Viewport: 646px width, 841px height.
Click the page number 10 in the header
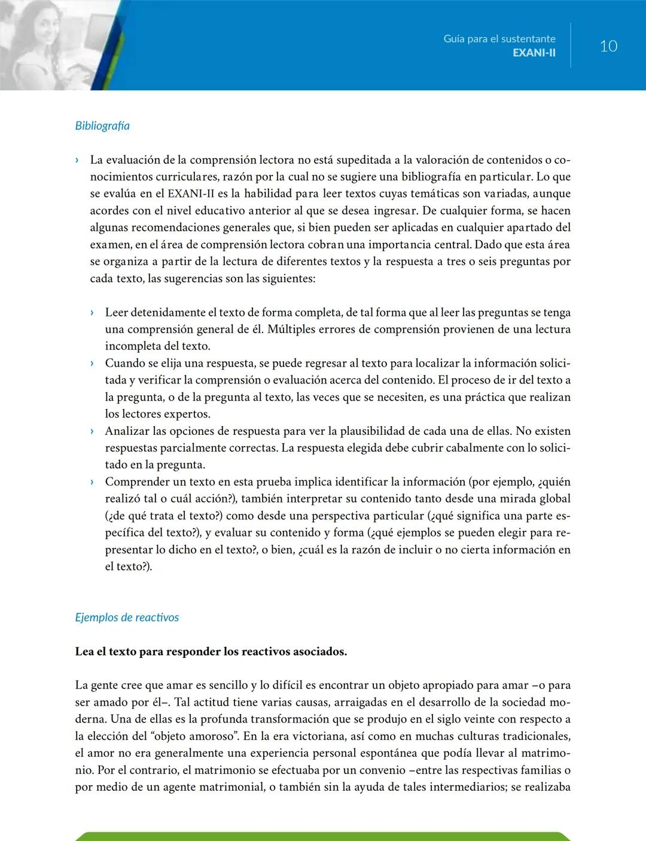(608, 46)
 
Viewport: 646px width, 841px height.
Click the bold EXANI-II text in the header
(534, 53)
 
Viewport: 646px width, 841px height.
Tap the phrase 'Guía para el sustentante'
(499, 39)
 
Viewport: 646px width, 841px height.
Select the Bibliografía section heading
(102, 126)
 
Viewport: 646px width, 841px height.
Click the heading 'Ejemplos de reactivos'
(127, 617)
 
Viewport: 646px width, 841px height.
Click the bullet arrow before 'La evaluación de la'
(77, 160)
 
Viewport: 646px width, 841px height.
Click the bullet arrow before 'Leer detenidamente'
(92, 313)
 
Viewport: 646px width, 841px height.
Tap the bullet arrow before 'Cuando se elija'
(92, 364)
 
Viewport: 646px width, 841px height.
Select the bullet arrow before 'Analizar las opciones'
(92, 431)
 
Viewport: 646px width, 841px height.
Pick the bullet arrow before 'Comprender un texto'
(92, 482)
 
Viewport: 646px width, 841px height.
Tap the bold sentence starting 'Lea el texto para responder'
(211, 651)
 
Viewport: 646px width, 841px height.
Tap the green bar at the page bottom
(323, 836)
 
